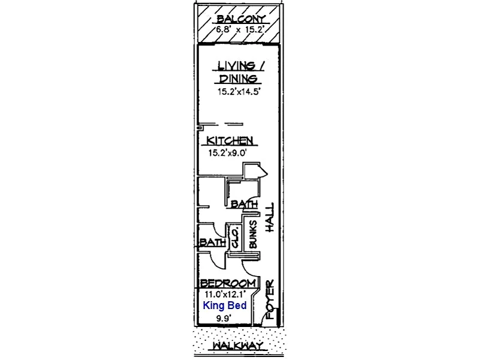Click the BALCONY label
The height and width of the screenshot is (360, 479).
point(241,19)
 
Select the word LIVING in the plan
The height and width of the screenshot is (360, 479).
point(236,66)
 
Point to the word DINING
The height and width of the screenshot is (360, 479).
point(238,79)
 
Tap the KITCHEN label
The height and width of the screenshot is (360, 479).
point(230,140)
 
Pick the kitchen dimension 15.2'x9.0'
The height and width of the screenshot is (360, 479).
point(227,153)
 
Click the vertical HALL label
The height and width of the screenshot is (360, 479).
point(270,217)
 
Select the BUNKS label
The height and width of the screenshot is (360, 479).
point(253,234)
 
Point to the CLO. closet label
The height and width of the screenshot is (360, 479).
point(235,237)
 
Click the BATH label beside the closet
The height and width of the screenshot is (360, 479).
point(213,243)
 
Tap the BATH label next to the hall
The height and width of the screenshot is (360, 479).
point(244,204)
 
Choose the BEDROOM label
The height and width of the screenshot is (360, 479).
point(228,284)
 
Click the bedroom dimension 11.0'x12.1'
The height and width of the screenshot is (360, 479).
point(225,295)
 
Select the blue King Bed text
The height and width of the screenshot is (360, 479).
point(225,305)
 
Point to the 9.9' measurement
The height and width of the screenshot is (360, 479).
point(224,319)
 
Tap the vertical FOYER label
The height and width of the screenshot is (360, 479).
point(270,300)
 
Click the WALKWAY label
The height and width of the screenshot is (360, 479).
point(238,346)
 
